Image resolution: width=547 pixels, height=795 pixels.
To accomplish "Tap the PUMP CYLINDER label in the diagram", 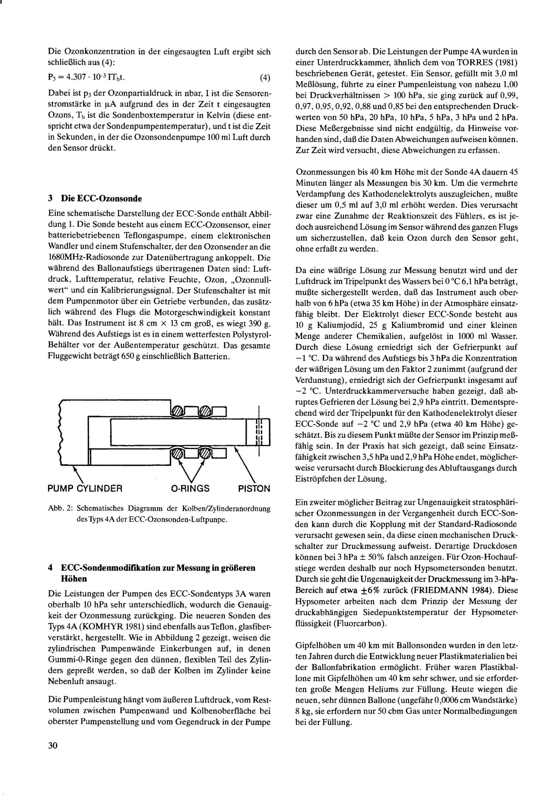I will pos(85,488).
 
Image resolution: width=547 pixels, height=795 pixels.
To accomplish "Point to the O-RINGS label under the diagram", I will pos(190,488).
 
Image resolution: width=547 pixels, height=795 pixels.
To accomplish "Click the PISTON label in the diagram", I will pos(254,488).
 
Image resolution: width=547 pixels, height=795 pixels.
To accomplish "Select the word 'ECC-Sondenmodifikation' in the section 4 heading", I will pos(111,568).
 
